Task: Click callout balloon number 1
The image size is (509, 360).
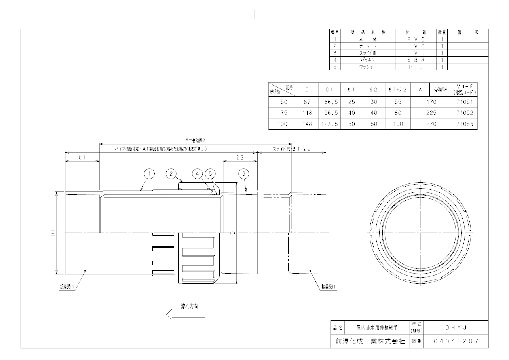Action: (x=149, y=173)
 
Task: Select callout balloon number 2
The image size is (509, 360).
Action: (x=171, y=173)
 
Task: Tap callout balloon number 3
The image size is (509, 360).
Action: (x=244, y=173)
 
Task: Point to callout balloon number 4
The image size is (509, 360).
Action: (x=197, y=173)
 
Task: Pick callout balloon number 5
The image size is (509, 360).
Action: (x=211, y=173)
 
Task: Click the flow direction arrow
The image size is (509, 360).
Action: (x=186, y=315)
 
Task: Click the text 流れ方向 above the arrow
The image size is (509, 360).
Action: (x=189, y=306)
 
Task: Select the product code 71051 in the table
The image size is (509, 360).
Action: (x=465, y=102)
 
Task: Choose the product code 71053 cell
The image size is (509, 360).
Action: (x=465, y=124)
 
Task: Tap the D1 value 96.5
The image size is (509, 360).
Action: (x=329, y=113)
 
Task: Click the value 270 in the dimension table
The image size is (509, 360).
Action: (x=431, y=124)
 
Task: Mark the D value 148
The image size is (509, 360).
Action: (x=307, y=124)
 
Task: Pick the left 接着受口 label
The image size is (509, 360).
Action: (x=67, y=286)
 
